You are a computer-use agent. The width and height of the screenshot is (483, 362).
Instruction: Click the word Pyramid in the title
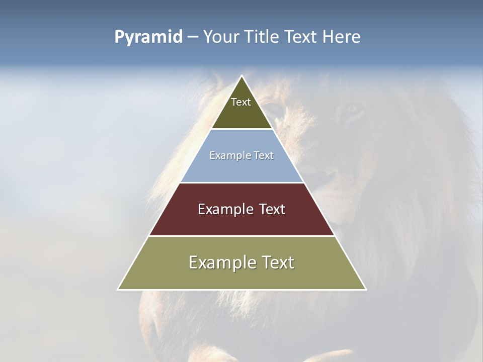click(x=148, y=37)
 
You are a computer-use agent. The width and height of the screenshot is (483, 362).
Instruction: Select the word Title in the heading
click(x=263, y=37)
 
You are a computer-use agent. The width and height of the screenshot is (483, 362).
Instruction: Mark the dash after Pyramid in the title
click(x=193, y=37)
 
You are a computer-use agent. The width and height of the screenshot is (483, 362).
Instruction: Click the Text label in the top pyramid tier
click(x=241, y=102)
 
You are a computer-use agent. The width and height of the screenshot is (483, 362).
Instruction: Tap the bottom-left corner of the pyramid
click(x=118, y=289)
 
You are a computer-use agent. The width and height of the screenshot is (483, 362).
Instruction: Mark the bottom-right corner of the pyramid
click(x=366, y=289)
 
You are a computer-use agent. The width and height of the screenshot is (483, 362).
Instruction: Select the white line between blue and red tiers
click(x=242, y=183)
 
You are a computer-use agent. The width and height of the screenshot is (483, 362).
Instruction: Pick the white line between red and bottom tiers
click(x=242, y=236)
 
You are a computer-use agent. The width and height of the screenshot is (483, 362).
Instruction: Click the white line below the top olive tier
click(x=242, y=129)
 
